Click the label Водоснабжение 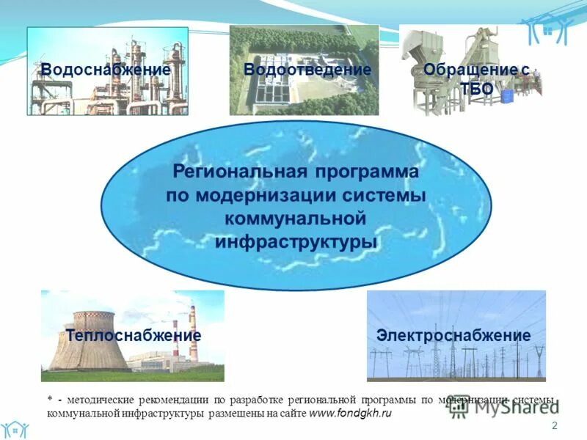coord(106,70)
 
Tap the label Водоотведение coord(307,70)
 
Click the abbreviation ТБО coord(476,89)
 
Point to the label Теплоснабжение coord(133,335)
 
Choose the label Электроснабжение coord(453,335)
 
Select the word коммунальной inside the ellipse coord(295,219)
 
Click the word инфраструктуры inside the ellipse coord(296,242)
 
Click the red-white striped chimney coord(193,334)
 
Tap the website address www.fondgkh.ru coord(351,414)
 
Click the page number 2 coord(554,426)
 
